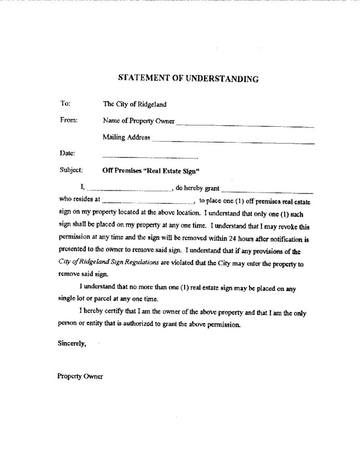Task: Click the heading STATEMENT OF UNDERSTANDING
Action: pos(188,79)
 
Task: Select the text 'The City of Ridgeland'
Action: pos(135,104)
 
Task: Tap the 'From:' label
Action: pos(69,120)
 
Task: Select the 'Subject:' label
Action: pos(70,171)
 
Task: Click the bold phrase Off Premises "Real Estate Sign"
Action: pos(151,171)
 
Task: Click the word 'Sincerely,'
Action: pos(72,343)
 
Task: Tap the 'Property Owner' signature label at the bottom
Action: pos(80,376)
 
